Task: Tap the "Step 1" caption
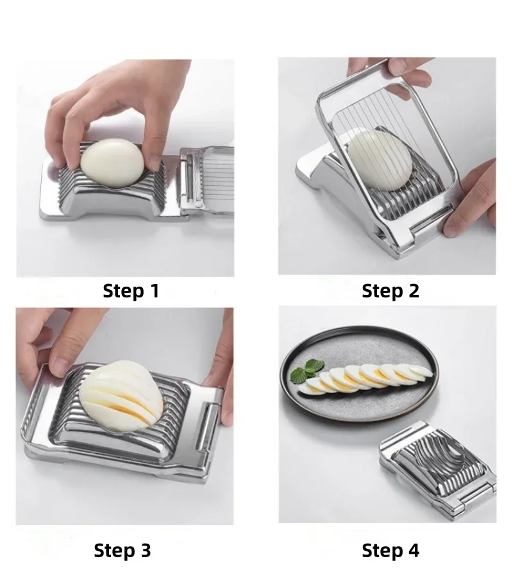(131, 291)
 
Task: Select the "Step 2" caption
(390, 291)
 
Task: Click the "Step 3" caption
(122, 550)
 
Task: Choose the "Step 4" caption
(390, 550)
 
